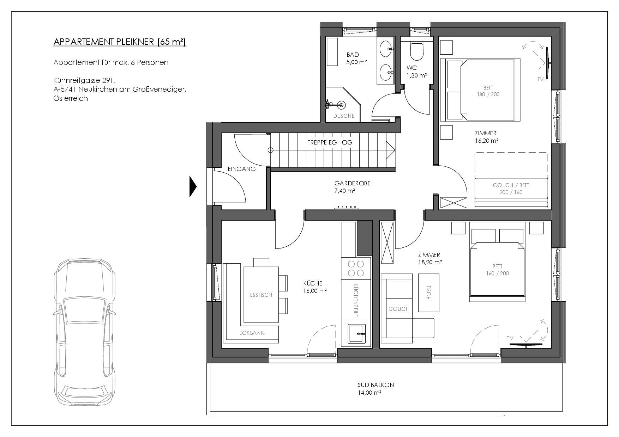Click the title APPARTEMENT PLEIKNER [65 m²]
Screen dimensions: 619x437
[120, 42]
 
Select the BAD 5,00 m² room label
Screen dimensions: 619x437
[356, 59]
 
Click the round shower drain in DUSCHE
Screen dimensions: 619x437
[341, 104]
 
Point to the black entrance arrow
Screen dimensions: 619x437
[193, 186]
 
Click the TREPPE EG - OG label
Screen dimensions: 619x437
[330, 142]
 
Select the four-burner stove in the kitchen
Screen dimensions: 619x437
[356, 268]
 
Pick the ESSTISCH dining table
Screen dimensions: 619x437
[261, 294]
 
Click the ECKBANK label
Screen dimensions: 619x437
[252, 333]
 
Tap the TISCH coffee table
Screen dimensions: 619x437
[429, 293]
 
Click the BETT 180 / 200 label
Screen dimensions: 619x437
[488, 91]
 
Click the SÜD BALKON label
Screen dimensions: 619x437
[374, 388]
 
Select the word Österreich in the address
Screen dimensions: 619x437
[71, 98]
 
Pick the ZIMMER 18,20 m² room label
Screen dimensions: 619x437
[429, 258]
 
